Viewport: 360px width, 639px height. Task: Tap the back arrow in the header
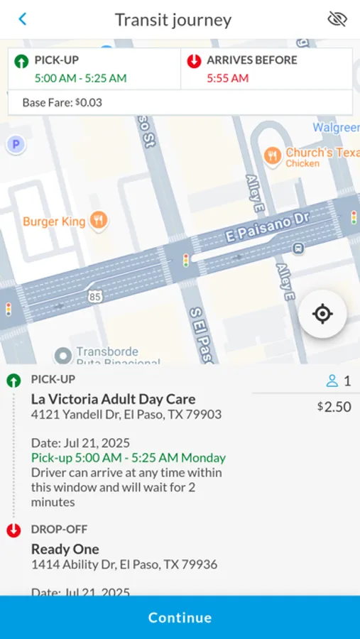pos(23,19)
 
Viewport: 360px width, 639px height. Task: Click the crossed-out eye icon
pos(337,19)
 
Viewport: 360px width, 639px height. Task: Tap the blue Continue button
pos(180,618)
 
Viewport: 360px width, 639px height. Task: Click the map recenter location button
pos(322,314)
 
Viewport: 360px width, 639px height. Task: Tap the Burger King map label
pos(55,222)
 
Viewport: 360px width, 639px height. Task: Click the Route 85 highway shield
pos(94,297)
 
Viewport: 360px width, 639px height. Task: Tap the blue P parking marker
pos(16,145)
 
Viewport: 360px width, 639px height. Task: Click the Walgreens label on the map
pos(336,128)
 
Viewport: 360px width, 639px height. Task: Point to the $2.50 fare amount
pos(334,407)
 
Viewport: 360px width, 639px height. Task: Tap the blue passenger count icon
pos(332,381)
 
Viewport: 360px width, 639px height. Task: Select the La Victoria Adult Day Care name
pos(113,399)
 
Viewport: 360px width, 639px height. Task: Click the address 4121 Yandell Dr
pos(126,415)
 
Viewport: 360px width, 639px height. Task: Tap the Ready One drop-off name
pos(65,549)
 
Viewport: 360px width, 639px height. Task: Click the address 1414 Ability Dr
pos(124,565)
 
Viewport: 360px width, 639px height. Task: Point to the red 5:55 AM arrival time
pos(227,78)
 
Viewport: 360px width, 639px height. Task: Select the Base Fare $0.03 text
pos(62,103)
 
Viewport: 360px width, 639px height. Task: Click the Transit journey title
pos(173,20)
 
